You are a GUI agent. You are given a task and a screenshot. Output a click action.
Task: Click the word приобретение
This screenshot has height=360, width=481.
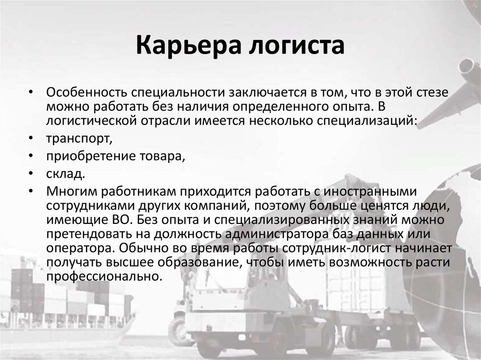88,157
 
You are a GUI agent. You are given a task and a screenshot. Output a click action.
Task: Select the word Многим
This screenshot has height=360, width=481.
70,192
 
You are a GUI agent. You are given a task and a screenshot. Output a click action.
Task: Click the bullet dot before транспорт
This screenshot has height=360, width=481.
30,139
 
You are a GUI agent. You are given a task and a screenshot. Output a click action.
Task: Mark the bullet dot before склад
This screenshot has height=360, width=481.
30,175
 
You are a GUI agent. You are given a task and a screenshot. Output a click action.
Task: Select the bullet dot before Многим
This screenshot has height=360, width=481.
30,192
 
